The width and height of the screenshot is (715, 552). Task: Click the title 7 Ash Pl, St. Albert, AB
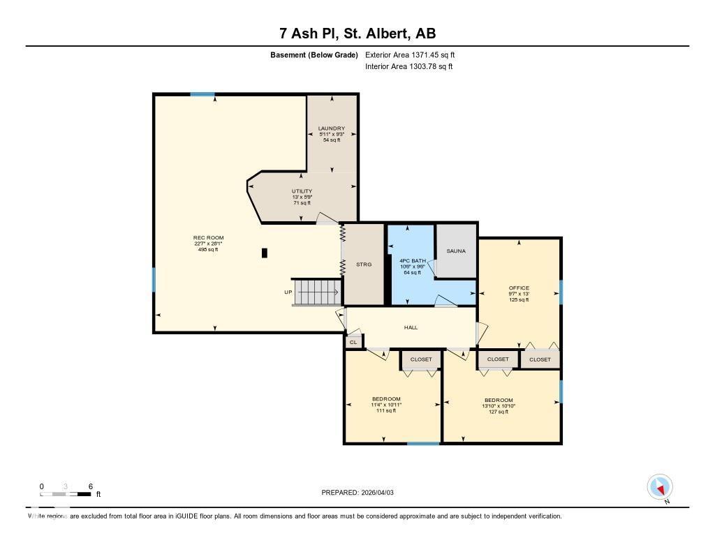point(357,33)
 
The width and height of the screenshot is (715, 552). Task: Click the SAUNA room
point(456,251)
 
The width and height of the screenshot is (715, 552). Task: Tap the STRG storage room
point(364,264)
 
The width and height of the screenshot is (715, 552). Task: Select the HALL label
point(411,327)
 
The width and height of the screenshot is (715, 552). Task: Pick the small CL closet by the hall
point(353,342)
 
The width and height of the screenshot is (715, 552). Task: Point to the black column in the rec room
point(264,253)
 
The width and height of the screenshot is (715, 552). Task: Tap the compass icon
point(660,486)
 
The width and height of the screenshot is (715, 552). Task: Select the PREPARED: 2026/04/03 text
point(357,493)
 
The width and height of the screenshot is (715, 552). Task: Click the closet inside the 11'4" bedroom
point(421,359)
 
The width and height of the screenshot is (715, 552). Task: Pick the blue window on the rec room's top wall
point(202,94)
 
